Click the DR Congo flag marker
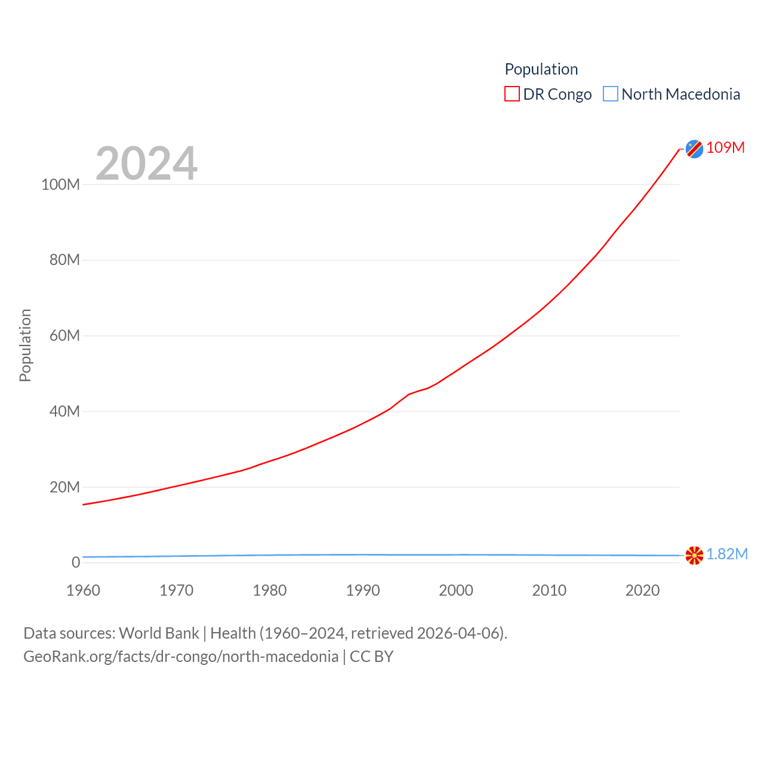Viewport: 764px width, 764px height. pos(694,149)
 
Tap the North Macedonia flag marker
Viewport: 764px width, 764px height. pos(694,555)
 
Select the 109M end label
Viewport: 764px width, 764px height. pos(725,147)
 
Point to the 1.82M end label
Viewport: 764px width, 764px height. pos(727,554)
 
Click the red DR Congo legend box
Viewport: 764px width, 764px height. pos(512,94)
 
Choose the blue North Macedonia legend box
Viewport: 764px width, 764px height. pos(610,94)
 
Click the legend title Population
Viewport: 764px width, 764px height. pos(541,69)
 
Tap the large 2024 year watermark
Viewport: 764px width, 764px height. pos(146,163)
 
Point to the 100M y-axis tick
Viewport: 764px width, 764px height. pos(60,184)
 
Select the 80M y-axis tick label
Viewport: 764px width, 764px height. pos(64,260)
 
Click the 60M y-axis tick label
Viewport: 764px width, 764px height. pos(64,335)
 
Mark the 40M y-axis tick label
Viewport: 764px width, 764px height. pos(64,411)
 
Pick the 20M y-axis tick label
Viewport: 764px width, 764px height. pos(64,487)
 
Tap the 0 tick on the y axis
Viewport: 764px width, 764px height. pos(76,562)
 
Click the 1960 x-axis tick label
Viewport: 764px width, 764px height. pos(84,590)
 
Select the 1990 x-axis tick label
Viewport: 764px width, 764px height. pos(363,590)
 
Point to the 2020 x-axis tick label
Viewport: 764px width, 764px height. pos(642,590)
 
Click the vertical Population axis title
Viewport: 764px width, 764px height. pos(25,345)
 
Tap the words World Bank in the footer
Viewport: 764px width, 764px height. pos(159,633)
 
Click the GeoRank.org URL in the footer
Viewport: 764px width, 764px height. pos(181,657)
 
